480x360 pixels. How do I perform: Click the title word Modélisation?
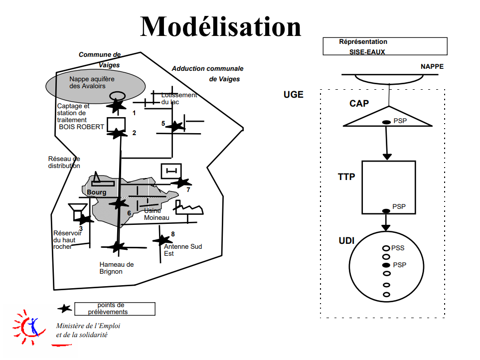click(221, 26)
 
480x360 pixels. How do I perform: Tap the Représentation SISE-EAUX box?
click(385, 46)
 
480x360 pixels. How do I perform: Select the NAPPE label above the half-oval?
click(432, 67)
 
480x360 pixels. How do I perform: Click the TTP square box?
click(388, 187)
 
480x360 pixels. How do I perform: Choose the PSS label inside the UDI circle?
click(398, 248)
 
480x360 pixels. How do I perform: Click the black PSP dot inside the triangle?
click(386, 122)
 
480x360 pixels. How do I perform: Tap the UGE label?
click(293, 94)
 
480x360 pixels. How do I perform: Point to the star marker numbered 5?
click(174, 127)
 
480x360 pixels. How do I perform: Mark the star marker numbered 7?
click(181, 183)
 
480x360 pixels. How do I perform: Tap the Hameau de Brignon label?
click(117, 268)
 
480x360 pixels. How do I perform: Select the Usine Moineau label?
click(157, 214)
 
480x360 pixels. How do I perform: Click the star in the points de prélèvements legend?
click(64, 309)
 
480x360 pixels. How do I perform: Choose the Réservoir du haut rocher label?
click(67, 239)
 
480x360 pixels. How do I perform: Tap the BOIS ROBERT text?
click(81, 127)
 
